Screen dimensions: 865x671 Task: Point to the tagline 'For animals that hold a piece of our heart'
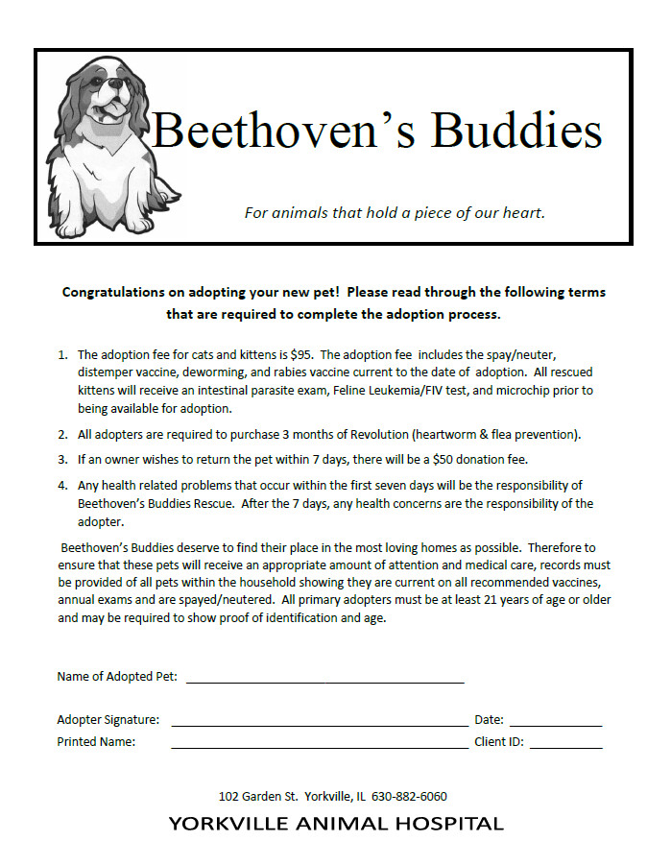pyautogui.click(x=395, y=212)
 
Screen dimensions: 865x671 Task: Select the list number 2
pyautogui.click(x=62, y=434)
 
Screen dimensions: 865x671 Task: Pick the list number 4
pyautogui.click(x=62, y=485)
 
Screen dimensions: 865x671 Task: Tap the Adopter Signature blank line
pyautogui.click(x=319, y=722)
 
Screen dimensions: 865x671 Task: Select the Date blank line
pyautogui.click(x=555, y=723)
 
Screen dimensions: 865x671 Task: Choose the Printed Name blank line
pyautogui.click(x=319, y=744)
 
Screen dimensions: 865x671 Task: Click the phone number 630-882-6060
pyautogui.click(x=409, y=796)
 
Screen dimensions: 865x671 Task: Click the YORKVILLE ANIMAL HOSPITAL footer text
pyautogui.click(x=335, y=824)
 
